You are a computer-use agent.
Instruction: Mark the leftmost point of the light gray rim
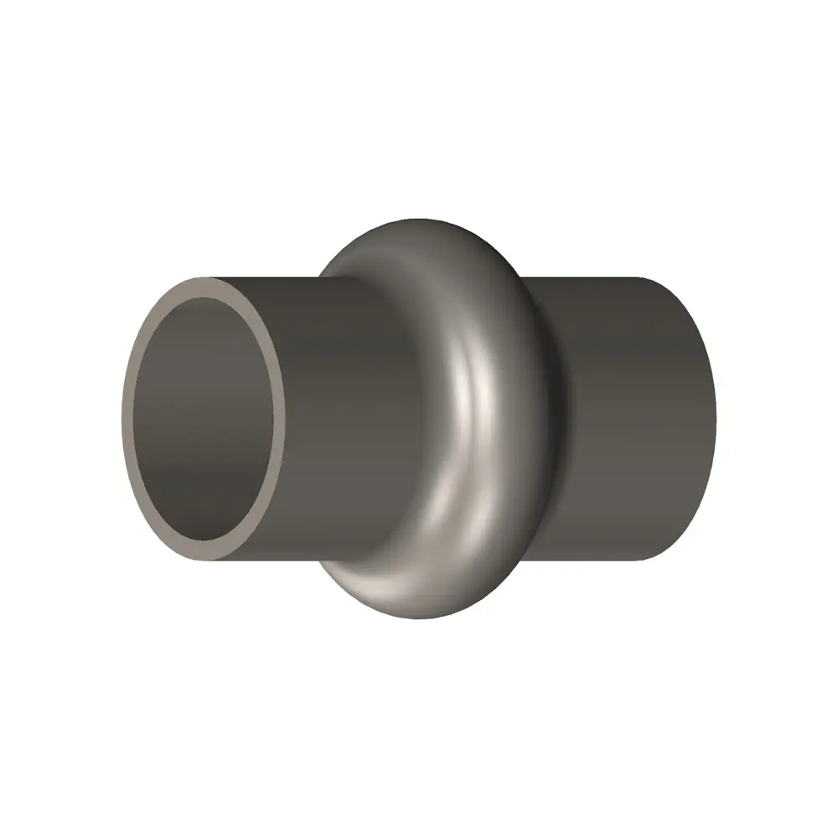point(122,419)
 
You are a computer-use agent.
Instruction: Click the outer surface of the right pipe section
point(628,419)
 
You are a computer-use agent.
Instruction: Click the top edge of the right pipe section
point(603,277)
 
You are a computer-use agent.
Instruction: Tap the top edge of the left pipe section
point(268,278)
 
